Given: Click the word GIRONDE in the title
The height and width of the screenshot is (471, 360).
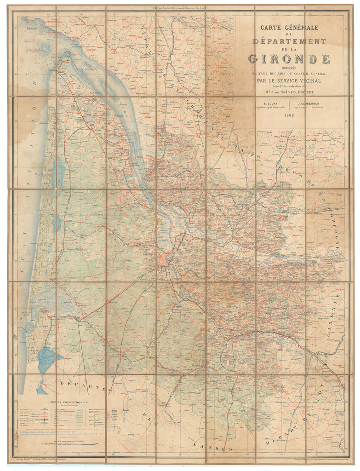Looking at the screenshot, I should click(x=289, y=59).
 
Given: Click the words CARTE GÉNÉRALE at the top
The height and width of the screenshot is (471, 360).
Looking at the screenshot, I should click(x=289, y=28).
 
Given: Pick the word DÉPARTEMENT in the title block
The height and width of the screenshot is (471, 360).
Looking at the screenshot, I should click(x=289, y=42).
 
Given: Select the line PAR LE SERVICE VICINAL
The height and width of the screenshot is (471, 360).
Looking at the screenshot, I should click(x=289, y=82).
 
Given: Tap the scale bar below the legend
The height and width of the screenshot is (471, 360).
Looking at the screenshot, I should click(x=69, y=444).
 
